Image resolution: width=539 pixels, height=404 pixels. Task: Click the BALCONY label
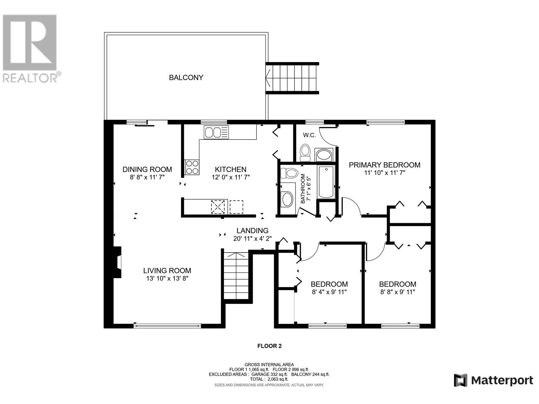(186, 77)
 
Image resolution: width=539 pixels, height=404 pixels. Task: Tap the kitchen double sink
(216, 132)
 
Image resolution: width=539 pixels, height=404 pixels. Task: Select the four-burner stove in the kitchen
(192, 167)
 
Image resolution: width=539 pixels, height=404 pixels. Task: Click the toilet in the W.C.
(305, 153)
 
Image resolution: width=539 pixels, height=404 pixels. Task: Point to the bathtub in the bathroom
(326, 182)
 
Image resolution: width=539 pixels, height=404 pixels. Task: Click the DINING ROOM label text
(147, 169)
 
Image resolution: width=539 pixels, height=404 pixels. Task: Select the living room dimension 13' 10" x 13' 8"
(167, 278)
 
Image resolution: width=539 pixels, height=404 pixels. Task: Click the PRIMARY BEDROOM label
(385, 165)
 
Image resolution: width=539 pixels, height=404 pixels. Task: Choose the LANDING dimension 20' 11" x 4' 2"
(252, 238)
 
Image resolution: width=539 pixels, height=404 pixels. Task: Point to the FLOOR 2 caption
(269, 346)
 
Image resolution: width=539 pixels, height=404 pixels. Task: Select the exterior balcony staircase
(292, 78)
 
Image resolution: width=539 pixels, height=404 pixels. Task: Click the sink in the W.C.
(324, 155)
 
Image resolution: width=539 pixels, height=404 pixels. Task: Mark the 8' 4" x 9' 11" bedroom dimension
(329, 292)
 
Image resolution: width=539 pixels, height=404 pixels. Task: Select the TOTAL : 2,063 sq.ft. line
(269, 379)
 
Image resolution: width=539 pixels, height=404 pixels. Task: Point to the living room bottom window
(167, 326)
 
